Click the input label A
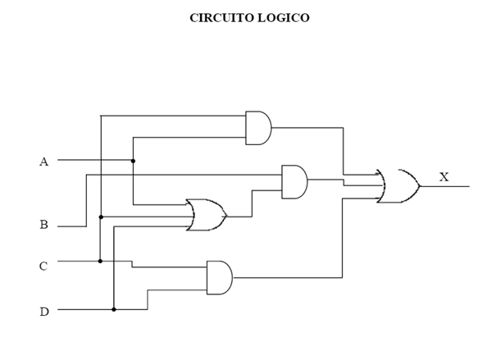(43, 162)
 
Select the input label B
(43, 225)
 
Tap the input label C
(43, 267)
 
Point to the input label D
(43, 312)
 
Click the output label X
(444, 177)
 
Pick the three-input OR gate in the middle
(206, 215)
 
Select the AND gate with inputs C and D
(219, 278)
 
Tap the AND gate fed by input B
(294, 181)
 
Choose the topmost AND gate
(257, 128)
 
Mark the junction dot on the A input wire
(133, 161)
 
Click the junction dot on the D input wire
(114, 309)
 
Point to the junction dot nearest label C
(100, 261)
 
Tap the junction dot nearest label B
(100, 217)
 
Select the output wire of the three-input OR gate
(239, 216)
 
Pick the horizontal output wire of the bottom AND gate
(287, 278)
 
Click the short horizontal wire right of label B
(72, 226)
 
